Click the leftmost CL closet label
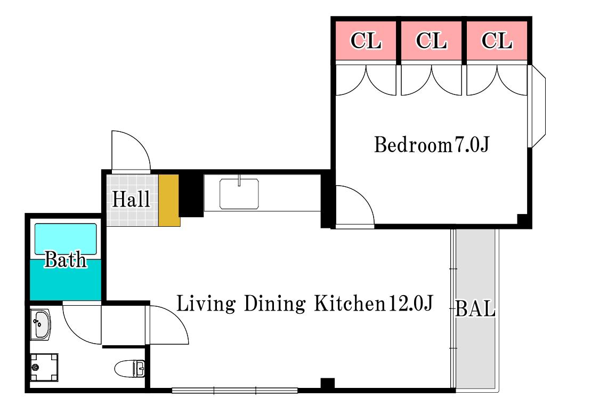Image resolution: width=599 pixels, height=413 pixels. pyautogui.click(x=366, y=41)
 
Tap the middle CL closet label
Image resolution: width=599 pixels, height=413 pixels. pyautogui.click(x=431, y=41)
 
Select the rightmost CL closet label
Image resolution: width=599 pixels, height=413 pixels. pyautogui.click(x=497, y=41)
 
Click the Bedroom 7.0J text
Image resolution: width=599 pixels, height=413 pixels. pyautogui.click(x=431, y=145)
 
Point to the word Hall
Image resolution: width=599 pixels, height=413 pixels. pyautogui.click(x=131, y=199)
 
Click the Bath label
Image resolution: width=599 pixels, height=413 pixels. pyautogui.click(x=66, y=260)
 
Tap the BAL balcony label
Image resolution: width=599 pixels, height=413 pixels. pyautogui.click(x=475, y=308)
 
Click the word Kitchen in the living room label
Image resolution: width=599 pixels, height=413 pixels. pyautogui.click(x=350, y=304)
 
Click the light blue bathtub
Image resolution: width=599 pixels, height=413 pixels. pyautogui.click(x=66, y=239)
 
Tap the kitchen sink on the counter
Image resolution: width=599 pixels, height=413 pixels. pyautogui.click(x=239, y=194)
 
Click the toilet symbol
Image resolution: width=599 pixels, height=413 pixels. pyautogui.click(x=130, y=368)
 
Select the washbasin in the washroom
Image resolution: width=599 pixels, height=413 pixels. pyautogui.click(x=41, y=324)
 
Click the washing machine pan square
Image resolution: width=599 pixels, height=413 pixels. pyautogui.click(x=44, y=368)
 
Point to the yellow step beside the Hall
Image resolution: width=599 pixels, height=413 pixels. pyautogui.click(x=169, y=201)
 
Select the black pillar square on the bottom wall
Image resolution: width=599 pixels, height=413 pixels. pyautogui.click(x=327, y=384)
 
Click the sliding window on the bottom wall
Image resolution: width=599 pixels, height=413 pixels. pyautogui.click(x=234, y=391)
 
